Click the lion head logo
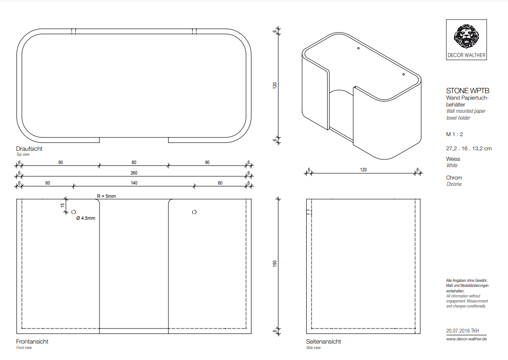(x=466, y=37)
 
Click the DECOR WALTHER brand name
(x=466, y=55)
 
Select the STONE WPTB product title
(x=467, y=91)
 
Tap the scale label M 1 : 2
(x=455, y=134)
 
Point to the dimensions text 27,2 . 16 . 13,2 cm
(x=469, y=148)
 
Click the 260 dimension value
(x=134, y=173)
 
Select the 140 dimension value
(x=134, y=183)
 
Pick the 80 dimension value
(x=134, y=162)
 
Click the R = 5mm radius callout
(x=106, y=196)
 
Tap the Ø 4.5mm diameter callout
(x=86, y=218)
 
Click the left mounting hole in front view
(x=73, y=212)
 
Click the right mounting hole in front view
(x=194, y=212)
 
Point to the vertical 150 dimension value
(x=275, y=263)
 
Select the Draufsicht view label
(x=29, y=148)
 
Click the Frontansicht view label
(x=32, y=342)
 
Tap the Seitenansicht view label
(x=323, y=342)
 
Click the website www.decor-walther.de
(x=466, y=339)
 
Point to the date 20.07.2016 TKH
(x=462, y=331)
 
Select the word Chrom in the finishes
(x=454, y=178)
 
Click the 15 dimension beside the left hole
(x=62, y=205)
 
